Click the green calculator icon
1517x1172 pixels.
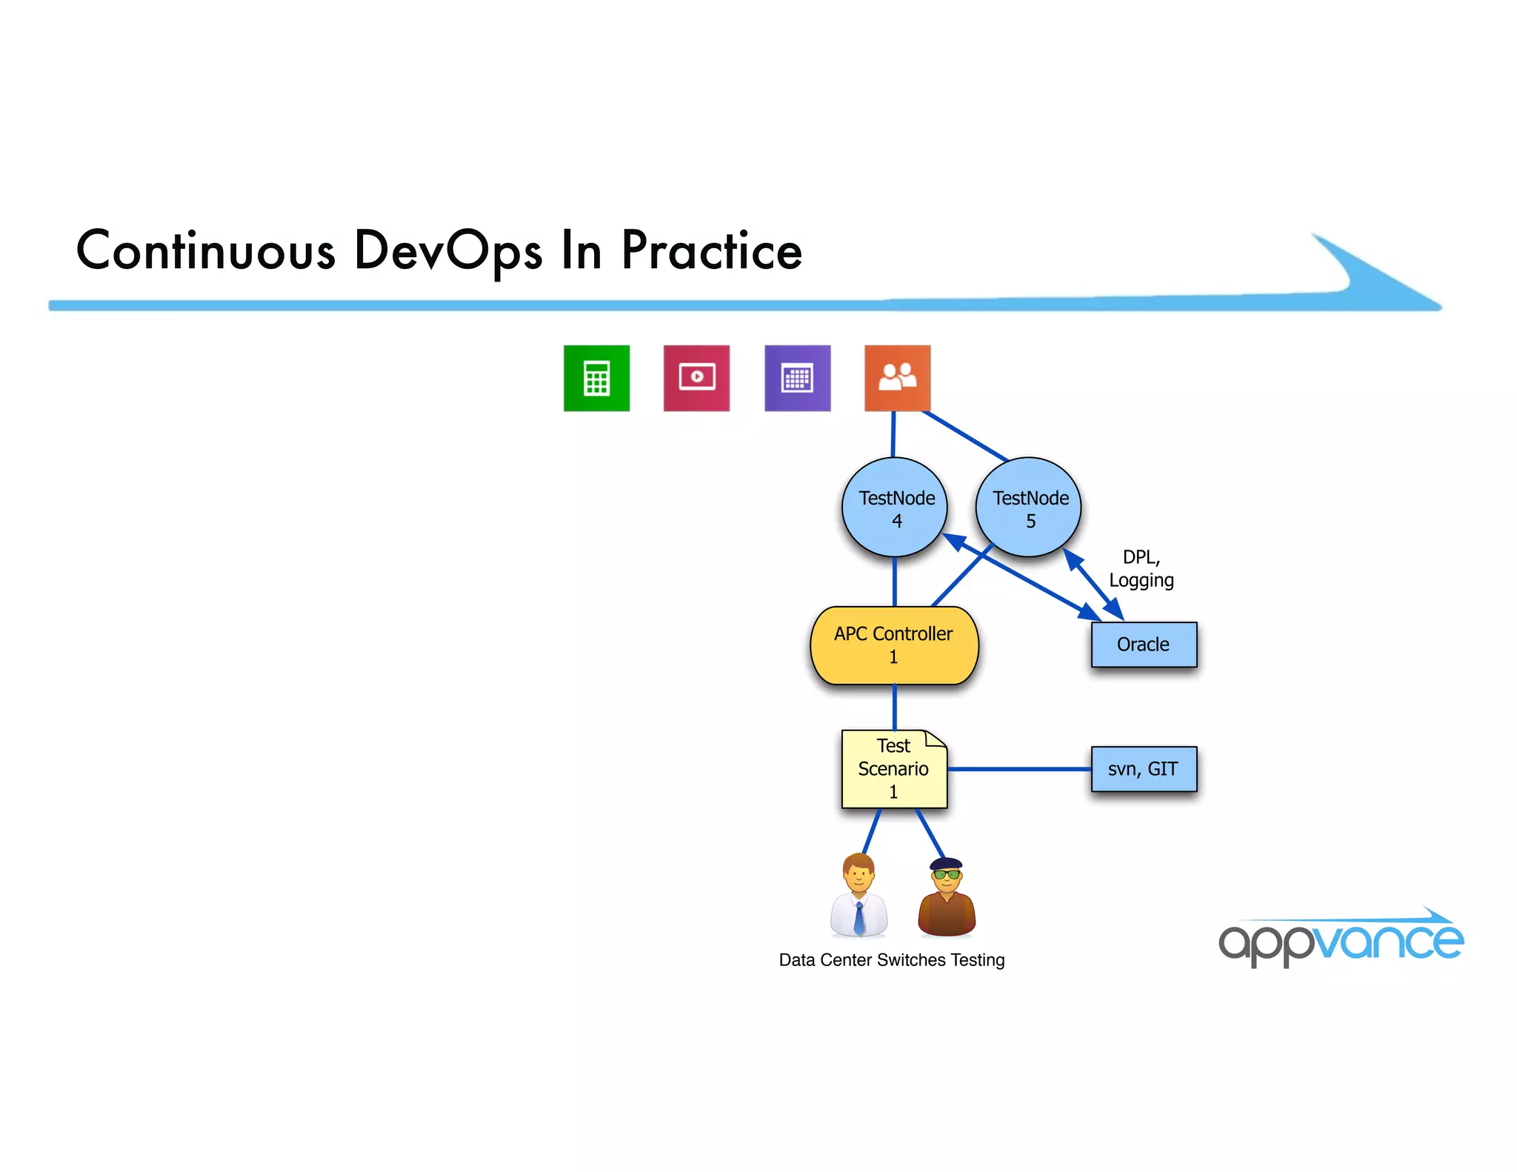(596, 378)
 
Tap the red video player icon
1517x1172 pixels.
(696, 378)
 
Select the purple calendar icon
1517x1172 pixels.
(797, 378)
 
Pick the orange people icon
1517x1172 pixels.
(897, 378)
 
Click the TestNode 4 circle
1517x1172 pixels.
(895, 508)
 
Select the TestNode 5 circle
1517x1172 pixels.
(1029, 508)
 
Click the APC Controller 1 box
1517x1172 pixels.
(894, 645)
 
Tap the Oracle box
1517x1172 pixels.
(1144, 645)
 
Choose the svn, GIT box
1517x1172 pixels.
(1144, 769)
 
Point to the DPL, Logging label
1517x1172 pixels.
(1141, 568)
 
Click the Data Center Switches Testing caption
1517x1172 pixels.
(892, 960)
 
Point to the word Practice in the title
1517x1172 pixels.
(711, 250)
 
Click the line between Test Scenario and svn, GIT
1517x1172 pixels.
(1019, 769)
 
